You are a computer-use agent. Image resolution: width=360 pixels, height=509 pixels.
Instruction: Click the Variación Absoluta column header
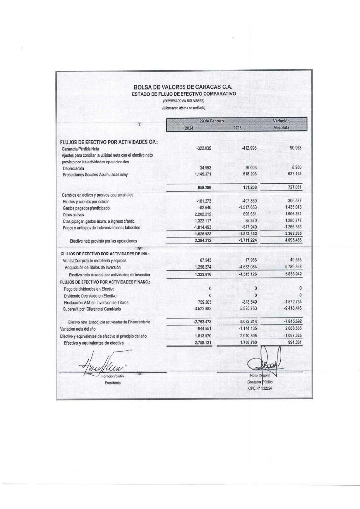tap(281, 124)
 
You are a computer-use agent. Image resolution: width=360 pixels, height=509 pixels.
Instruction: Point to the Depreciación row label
tap(74, 169)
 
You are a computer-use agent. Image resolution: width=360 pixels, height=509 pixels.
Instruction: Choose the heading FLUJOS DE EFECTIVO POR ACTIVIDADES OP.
tap(109, 142)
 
